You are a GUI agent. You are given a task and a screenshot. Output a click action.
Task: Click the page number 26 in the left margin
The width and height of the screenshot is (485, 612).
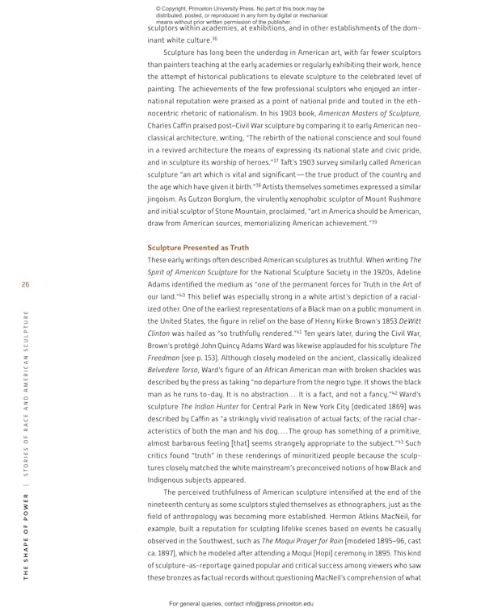(x=26, y=284)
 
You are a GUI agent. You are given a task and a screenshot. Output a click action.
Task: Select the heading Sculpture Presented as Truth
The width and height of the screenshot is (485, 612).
(x=198, y=247)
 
